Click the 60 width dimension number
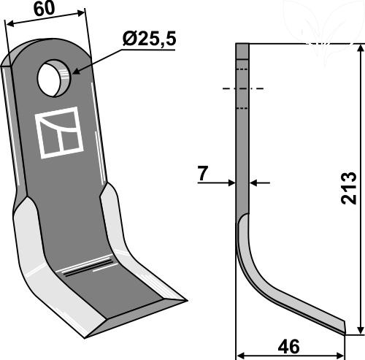[x=45, y=9]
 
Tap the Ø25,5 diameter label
[x=149, y=39]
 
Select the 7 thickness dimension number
[x=202, y=173]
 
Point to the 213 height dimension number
[x=349, y=188]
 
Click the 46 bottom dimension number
[x=289, y=347]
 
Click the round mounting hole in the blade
[x=54, y=78]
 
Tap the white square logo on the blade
[x=60, y=133]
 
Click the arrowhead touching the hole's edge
[x=76, y=72]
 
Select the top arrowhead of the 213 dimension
[x=361, y=48]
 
